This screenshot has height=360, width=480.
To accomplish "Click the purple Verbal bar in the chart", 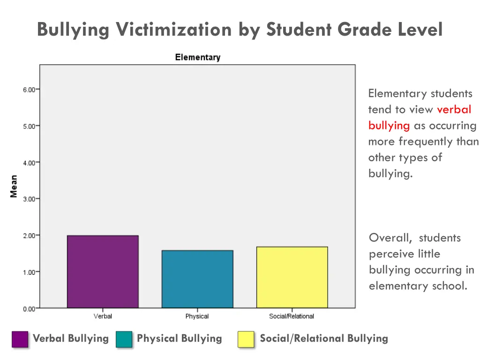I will pos(103,271).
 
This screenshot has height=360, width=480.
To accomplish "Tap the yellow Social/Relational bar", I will pos(292,277).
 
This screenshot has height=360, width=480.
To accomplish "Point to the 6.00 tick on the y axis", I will pos(29,90).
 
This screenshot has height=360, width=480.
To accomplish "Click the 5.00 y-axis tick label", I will pos(29,126).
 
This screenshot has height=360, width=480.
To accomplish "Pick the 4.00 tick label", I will pos(29,163).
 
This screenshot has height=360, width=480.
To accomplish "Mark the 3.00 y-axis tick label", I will pos(29,199).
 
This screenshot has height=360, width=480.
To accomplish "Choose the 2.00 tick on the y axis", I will pos(29,235).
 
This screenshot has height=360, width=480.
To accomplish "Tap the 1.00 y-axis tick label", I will pos(29,272).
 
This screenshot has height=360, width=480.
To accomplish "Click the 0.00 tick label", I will pos(29,308).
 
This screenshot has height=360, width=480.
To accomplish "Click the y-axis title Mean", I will pos(14,186).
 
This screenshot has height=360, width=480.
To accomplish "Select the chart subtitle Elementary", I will pos(197,58).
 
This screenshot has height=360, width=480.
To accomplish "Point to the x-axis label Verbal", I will pos(103,316).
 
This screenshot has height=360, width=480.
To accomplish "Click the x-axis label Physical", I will pos(197,316).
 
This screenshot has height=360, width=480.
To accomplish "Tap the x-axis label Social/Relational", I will pos(292,316).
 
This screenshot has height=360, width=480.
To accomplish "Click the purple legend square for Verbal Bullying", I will pos(20,339).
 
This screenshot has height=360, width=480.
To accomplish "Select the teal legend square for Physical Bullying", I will pos(124,339).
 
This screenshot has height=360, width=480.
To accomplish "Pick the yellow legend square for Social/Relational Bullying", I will pos(246,339).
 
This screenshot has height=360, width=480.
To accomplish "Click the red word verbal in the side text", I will pos(454,110).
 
